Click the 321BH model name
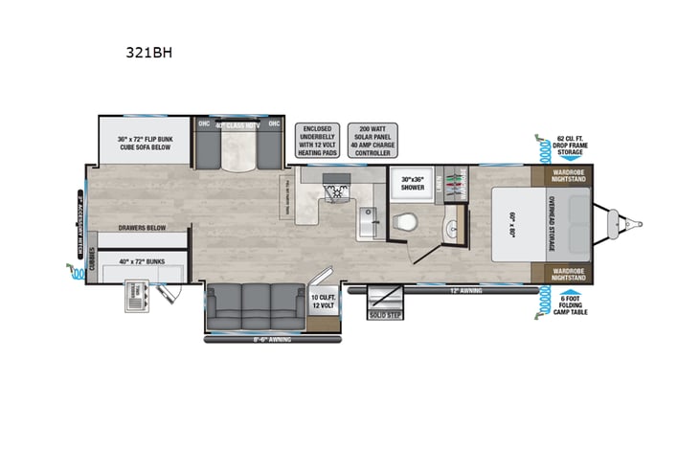pyautogui.click(x=154, y=55)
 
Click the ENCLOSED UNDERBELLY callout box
pyautogui.click(x=317, y=140)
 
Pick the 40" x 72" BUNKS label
pyautogui.click(x=139, y=261)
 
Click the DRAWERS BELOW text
pyautogui.click(x=139, y=229)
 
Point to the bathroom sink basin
pyautogui.click(x=451, y=230)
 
